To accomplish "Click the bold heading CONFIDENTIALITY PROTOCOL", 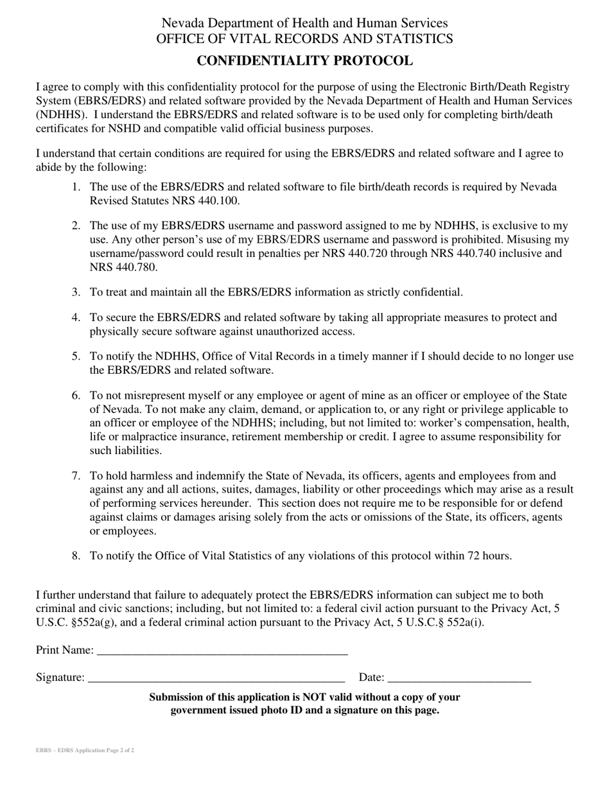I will (304, 61).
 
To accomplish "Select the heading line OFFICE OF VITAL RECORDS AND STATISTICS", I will (304, 39).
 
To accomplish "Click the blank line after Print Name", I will (222, 650).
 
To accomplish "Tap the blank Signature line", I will (216, 677).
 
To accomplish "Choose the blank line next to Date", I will (460, 677).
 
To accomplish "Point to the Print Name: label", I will (65, 650).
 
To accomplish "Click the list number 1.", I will (76, 187).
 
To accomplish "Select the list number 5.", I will (76, 356).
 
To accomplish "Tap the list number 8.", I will (76, 556).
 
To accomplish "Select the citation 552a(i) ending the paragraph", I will (462, 623).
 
